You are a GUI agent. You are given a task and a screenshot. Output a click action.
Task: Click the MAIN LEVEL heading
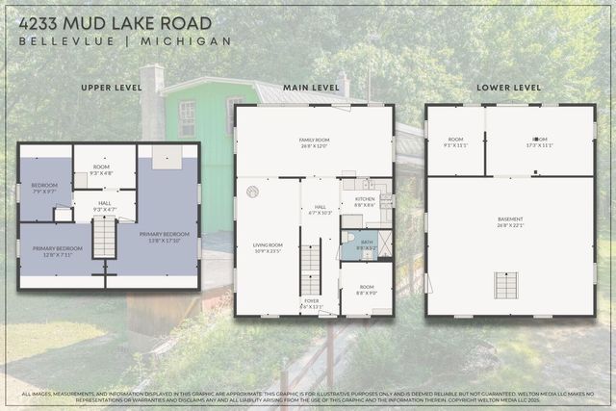tap(311, 88)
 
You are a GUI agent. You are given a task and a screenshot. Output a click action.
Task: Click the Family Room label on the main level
tap(314, 142)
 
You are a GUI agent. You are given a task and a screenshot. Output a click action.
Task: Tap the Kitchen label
tap(365, 201)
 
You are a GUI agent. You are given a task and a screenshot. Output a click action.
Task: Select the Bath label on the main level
tap(367, 244)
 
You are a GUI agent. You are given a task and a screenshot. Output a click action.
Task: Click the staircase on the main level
tap(310, 270)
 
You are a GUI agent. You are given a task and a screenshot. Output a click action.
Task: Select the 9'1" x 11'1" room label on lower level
tap(455, 142)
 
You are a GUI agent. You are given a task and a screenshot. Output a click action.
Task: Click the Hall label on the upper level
tap(104, 206)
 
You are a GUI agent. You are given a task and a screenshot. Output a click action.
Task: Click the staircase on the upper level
tap(104, 237)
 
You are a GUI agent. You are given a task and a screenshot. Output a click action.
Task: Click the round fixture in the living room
tap(252, 192)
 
